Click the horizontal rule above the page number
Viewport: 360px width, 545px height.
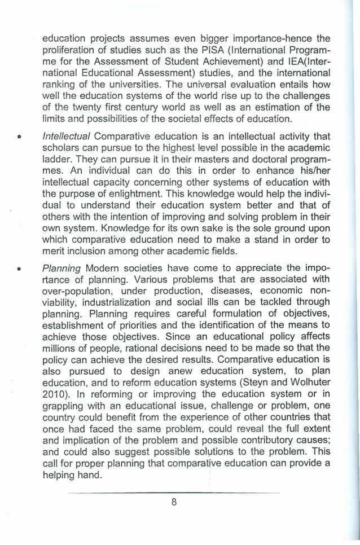[x=175, y=492]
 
